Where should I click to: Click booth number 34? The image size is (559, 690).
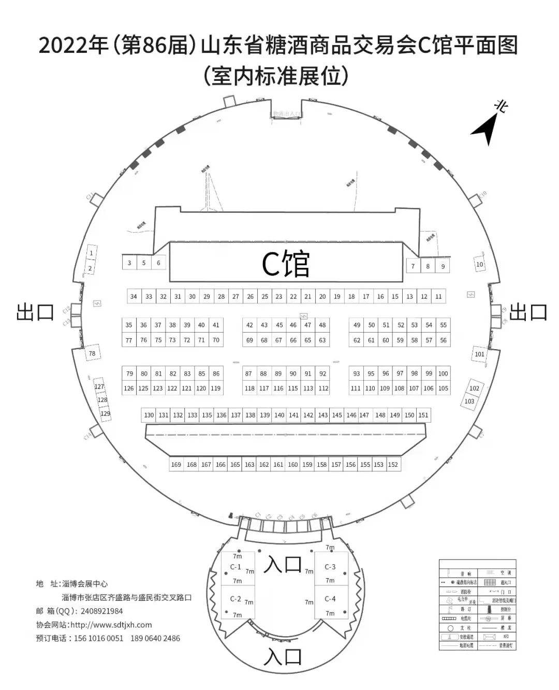(x=134, y=296)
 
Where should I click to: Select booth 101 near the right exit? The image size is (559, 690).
(x=480, y=354)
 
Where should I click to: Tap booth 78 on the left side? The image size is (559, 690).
(x=92, y=353)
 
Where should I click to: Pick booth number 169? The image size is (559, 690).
(x=176, y=464)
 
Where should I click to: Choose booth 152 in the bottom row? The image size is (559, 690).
(x=393, y=464)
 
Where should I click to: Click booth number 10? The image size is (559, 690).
(x=479, y=264)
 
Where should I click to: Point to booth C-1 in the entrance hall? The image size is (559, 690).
(x=236, y=567)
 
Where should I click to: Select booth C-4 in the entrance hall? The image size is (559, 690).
(x=330, y=599)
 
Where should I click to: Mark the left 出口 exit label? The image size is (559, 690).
(x=35, y=312)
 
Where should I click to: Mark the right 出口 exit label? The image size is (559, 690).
(x=528, y=312)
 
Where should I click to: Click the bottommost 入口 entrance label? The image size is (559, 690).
(x=283, y=657)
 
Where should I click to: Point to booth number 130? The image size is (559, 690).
(x=149, y=415)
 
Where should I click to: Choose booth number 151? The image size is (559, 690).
(x=423, y=415)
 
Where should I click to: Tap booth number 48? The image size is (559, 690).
(x=322, y=325)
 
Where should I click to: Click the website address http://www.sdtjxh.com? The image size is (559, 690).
(x=111, y=625)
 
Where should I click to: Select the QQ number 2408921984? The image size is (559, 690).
(x=102, y=611)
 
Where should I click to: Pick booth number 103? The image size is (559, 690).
(x=469, y=401)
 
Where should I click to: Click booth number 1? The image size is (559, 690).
(x=92, y=253)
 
